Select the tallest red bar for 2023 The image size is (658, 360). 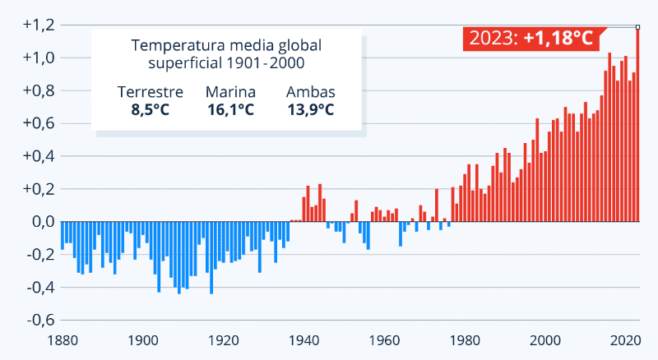(637, 123)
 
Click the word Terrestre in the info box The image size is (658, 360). (151, 92)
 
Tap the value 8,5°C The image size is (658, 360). (151, 109)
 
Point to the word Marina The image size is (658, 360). (230, 92)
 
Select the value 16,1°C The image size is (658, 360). (230, 109)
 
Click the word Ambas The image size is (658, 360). (310, 92)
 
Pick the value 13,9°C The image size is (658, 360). (310, 109)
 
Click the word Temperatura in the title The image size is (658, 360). (174, 45)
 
